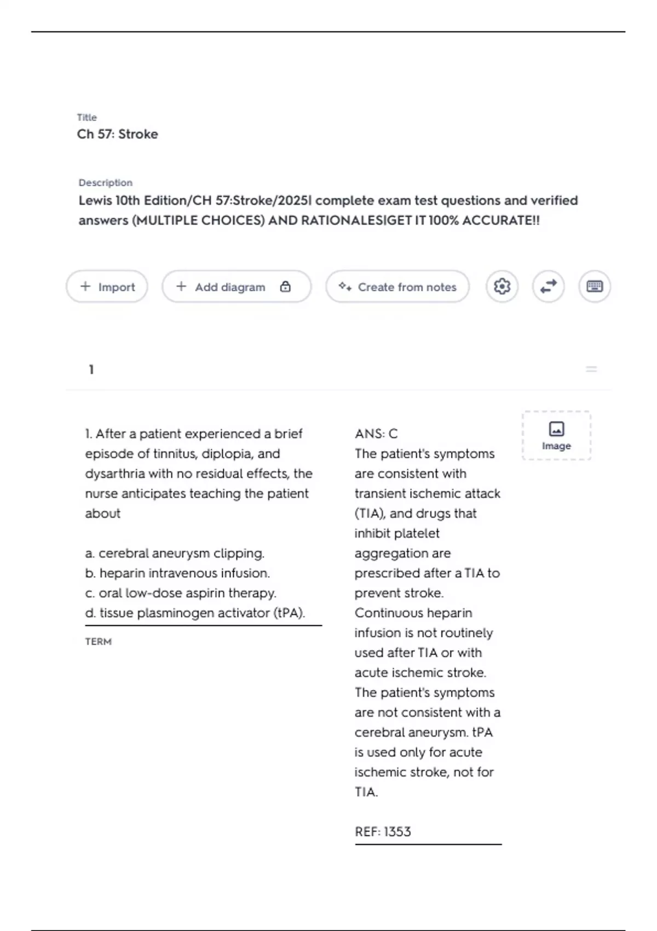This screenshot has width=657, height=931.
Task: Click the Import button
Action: click(x=107, y=286)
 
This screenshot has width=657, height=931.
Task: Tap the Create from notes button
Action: click(x=397, y=286)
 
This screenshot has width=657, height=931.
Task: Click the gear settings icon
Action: click(x=502, y=286)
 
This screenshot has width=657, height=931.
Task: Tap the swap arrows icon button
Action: click(x=548, y=286)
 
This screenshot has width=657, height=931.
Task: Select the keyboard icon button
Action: click(x=595, y=286)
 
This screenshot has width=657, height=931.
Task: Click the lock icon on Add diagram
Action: click(x=285, y=286)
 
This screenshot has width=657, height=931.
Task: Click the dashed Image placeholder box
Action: click(x=556, y=436)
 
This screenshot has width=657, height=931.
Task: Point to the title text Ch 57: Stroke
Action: click(x=117, y=134)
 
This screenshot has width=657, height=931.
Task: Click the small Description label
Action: click(x=105, y=182)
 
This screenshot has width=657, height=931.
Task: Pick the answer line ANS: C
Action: click(x=376, y=434)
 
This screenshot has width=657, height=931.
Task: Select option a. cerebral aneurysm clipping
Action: click(x=175, y=553)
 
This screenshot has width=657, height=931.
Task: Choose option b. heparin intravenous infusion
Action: click(x=177, y=573)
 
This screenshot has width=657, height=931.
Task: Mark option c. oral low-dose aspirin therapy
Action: click(x=181, y=593)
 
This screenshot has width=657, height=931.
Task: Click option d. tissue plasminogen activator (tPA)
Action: click(x=195, y=613)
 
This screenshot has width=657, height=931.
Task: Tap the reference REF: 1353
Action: click(x=383, y=831)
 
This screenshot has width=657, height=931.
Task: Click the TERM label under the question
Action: click(x=98, y=641)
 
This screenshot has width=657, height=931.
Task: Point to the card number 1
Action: click(x=91, y=370)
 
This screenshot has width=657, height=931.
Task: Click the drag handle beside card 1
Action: click(x=591, y=370)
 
